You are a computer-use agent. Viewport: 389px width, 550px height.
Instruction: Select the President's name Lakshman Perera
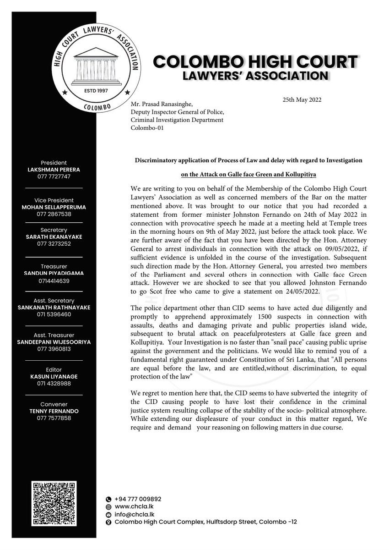click(x=54, y=170)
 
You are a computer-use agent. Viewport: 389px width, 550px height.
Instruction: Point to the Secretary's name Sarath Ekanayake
click(x=54, y=237)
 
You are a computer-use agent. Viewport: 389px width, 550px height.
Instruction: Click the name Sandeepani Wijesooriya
click(x=54, y=341)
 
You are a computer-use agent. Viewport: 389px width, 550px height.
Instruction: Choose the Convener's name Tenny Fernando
click(x=54, y=411)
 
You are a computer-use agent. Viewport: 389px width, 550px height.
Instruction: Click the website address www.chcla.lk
click(x=134, y=507)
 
